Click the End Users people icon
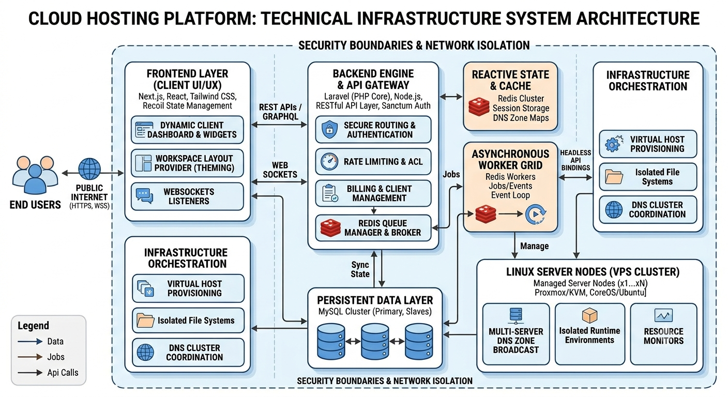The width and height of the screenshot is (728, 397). click(x=35, y=175)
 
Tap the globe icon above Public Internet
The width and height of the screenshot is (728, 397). click(x=89, y=169)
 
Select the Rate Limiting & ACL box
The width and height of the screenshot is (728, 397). click(x=373, y=161)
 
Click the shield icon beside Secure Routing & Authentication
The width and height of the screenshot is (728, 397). click(x=329, y=129)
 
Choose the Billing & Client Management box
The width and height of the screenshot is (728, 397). click(x=373, y=193)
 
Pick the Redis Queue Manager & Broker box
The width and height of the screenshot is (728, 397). click(x=373, y=228)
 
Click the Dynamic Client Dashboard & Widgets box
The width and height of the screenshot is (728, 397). click(x=187, y=130)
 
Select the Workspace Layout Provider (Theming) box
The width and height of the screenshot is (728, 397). click(x=187, y=163)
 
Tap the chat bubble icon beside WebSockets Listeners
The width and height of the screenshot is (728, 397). click(x=144, y=196)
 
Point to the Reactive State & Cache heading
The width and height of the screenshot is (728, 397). click(x=510, y=80)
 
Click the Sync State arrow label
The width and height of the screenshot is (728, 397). click(x=360, y=269)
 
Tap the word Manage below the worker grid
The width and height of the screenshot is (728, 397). click(x=534, y=246)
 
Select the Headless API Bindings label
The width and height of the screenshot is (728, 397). click(x=575, y=160)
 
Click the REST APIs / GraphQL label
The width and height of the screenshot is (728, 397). click(x=280, y=112)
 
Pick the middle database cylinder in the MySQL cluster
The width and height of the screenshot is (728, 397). click(x=375, y=341)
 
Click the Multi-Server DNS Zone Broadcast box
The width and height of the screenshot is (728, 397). click(x=516, y=334)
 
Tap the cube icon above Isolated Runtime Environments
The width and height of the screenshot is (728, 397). click(x=589, y=315)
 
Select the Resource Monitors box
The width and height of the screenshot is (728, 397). click(x=664, y=334)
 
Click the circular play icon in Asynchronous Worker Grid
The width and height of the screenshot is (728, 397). click(x=535, y=214)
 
